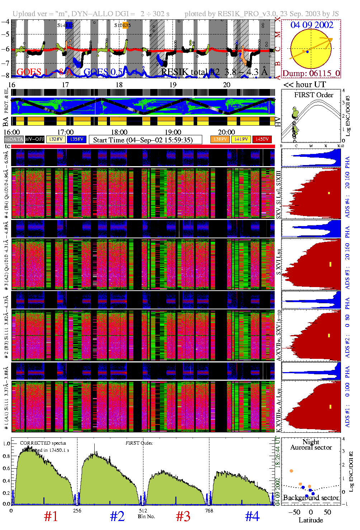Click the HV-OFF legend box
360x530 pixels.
click(x=35, y=139)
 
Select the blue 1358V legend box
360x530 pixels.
click(x=77, y=139)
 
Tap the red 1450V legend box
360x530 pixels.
click(x=262, y=139)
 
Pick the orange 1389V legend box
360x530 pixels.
click(x=220, y=139)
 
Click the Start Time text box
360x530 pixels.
click(x=145, y=140)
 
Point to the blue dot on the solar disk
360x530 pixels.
click(x=307, y=52)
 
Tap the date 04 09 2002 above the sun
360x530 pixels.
click(x=312, y=25)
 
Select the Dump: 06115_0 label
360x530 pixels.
click(x=311, y=73)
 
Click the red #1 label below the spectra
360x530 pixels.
click(x=51, y=516)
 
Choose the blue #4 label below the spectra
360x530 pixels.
click(x=252, y=516)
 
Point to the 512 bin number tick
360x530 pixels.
click(x=143, y=510)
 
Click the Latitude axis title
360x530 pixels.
click(x=311, y=520)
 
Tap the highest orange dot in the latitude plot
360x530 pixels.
click(x=292, y=471)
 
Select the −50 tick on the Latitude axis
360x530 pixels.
click(x=294, y=512)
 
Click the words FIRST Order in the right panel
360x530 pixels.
click(x=314, y=95)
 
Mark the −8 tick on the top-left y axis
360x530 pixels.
click(x=5, y=75)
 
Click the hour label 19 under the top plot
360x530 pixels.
click(x=173, y=85)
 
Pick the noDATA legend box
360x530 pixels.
click(x=14, y=139)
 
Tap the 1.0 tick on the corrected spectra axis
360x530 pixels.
click(x=6, y=444)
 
